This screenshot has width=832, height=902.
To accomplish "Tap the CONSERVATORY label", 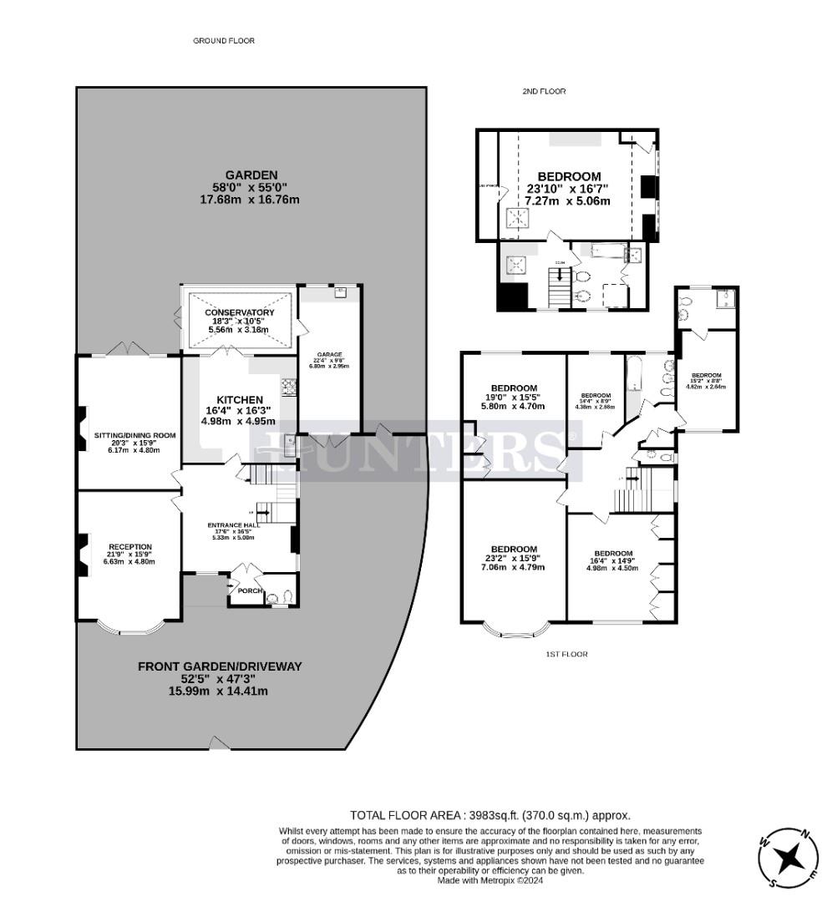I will [x=240, y=313].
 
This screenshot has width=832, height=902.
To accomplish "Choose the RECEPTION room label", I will [x=129, y=546].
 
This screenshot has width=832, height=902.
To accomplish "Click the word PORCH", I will [x=251, y=590].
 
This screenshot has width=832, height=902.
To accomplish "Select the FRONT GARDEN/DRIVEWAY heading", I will [x=219, y=666].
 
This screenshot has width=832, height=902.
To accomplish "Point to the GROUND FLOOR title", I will [x=224, y=40].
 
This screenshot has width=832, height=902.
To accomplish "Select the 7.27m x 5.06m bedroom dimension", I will [x=568, y=201].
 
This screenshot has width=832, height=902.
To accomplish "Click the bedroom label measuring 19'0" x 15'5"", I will [x=513, y=388].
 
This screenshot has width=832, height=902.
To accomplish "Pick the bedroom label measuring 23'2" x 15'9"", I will [x=514, y=549].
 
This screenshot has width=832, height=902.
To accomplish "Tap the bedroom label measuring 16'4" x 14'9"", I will [x=614, y=553].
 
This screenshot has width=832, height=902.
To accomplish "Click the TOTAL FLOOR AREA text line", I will [x=490, y=815].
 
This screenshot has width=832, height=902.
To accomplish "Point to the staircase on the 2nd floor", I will [x=558, y=288].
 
